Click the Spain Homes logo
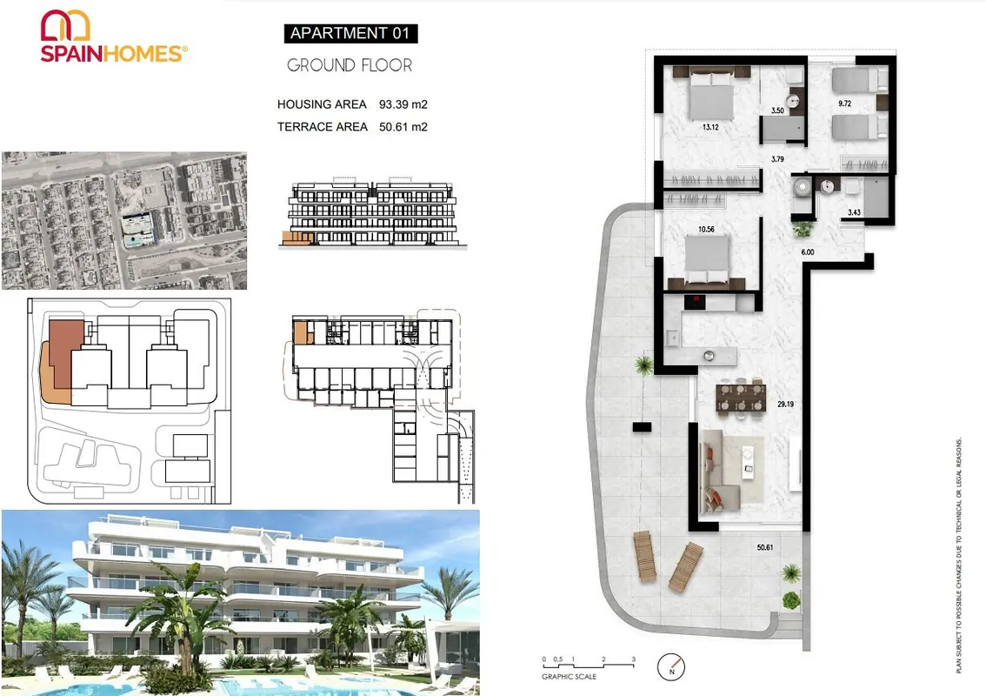[x=114, y=37]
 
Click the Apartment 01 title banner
[x=351, y=33]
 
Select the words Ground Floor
[x=350, y=65]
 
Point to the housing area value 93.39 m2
[x=403, y=104]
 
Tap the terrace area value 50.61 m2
[x=403, y=127]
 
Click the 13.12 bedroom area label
[x=710, y=127]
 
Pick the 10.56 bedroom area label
[x=706, y=230]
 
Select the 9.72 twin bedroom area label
[x=844, y=104]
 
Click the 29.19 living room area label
[x=785, y=404]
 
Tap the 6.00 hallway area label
[x=808, y=252]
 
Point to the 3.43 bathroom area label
[x=854, y=212]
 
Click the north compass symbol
[x=671, y=666]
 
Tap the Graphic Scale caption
[x=570, y=677]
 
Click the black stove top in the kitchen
[x=695, y=302]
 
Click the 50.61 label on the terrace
[x=764, y=547]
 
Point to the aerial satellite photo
[x=124, y=220]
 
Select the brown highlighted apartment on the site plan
[x=65, y=354]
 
